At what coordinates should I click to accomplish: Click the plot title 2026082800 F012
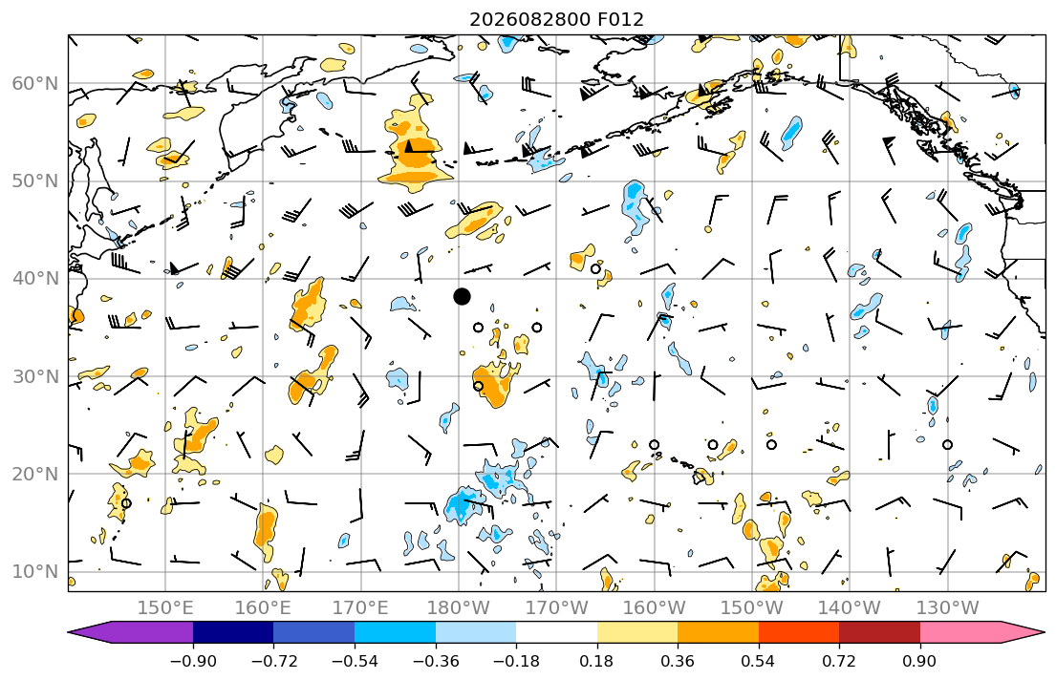point(556,19)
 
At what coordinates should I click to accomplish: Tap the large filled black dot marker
point(462,296)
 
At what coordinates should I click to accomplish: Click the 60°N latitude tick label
point(35,83)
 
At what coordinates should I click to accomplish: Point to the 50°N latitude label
point(35,181)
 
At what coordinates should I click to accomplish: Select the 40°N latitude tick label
point(35,279)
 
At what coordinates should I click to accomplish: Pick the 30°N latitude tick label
point(35,376)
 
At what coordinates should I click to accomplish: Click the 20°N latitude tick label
point(35,474)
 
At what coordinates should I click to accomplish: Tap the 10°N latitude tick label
point(35,572)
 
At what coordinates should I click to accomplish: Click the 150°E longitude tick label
point(165,608)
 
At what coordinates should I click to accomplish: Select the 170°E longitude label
point(361,608)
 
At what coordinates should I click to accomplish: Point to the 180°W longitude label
point(459,608)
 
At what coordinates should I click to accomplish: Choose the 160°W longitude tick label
point(654,608)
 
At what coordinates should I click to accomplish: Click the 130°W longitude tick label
point(948,608)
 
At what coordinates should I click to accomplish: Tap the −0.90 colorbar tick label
point(193,661)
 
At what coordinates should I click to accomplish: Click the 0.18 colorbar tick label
point(596,661)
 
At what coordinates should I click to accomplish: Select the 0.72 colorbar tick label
point(839,661)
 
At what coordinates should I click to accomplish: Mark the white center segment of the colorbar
point(556,632)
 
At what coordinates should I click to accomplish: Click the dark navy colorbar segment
point(233,632)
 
